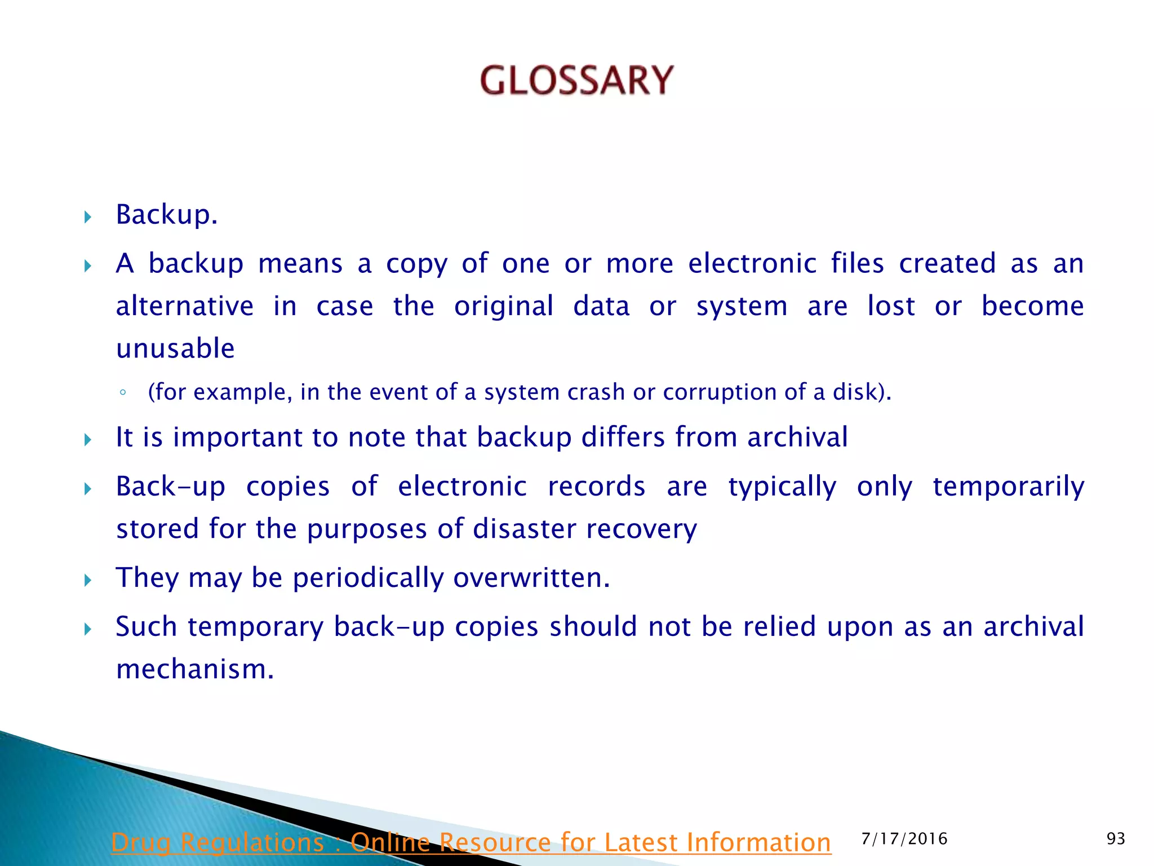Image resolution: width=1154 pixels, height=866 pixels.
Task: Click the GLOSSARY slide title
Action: pos(576,80)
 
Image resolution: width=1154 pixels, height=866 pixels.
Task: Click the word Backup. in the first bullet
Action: pos(166,215)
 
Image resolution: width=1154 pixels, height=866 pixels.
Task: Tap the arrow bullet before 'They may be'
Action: pos(87,580)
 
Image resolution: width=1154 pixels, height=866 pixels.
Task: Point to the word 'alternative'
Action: pos(185,306)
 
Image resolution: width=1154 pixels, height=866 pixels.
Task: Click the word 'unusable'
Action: pos(175,348)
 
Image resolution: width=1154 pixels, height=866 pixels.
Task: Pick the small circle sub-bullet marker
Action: pos(123,393)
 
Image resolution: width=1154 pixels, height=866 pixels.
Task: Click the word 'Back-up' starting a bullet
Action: pos(171,486)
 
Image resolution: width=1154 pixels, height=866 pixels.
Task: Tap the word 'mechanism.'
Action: pos(195,669)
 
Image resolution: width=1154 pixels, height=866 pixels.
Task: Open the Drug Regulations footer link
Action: pos(471,842)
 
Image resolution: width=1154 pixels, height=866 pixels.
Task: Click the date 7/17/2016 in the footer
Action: pos(904,839)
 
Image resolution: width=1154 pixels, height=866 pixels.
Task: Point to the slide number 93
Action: pos(1115,839)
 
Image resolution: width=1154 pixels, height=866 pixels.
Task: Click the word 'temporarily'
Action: pos(1008,487)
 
